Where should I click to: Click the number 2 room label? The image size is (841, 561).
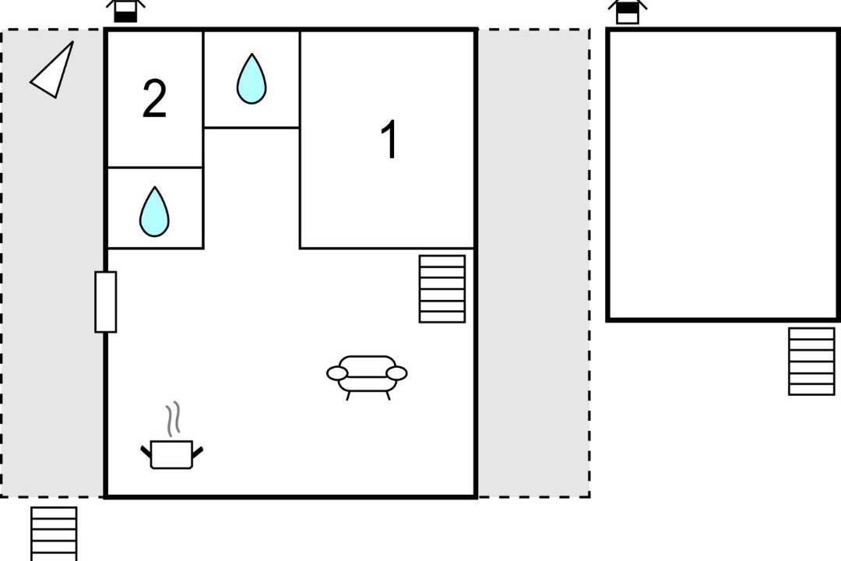pyautogui.click(x=154, y=99)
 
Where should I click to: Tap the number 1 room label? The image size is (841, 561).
pyautogui.click(x=389, y=139)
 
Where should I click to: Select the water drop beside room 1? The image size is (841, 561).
pyautogui.click(x=252, y=79)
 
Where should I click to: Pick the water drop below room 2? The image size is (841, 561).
pyautogui.click(x=154, y=211)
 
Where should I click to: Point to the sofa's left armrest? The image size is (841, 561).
pyautogui.click(x=337, y=373)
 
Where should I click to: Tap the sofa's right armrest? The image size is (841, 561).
pyautogui.click(x=397, y=373)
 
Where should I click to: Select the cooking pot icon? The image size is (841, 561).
pyautogui.click(x=171, y=454)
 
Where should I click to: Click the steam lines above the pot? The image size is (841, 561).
pyautogui.click(x=172, y=419)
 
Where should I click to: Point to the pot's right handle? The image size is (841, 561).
pyautogui.click(x=197, y=452)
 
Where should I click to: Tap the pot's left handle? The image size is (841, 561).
pyautogui.click(x=146, y=452)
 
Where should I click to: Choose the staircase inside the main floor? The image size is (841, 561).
pyautogui.click(x=442, y=289)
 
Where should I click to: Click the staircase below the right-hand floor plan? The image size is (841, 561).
pyautogui.click(x=811, y=362)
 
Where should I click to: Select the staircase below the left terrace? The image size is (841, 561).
pyautogui.click(x=54, y=534)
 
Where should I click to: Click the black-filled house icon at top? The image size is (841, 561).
pyautogui.click(x=125, y=11)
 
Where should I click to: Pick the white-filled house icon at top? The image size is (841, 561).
pyautogui.click(x=628, y=12)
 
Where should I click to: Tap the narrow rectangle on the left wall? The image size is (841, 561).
pyautogui.click(x=106, y=302)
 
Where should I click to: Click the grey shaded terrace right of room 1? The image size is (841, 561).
pyautogui.click(x=533, y=263)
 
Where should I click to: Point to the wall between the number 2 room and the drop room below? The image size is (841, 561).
pyautogui.click(x=155, y=168)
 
